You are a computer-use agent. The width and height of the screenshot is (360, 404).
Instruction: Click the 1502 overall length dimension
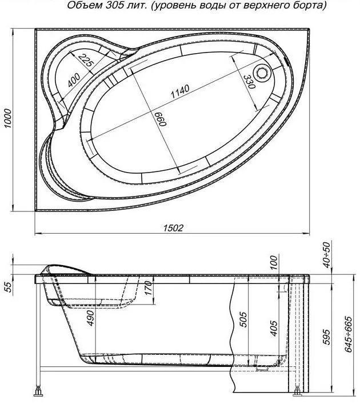point(173,228)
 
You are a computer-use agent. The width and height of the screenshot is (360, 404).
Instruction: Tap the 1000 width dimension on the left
point(8,119)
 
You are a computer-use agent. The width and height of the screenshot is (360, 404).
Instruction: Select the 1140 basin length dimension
point(180,91)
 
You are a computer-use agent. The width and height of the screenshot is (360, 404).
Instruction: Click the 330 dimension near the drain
point(249,82)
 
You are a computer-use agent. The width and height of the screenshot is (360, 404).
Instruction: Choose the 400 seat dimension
point(74,80)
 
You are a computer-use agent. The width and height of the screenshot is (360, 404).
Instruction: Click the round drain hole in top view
point(262,73)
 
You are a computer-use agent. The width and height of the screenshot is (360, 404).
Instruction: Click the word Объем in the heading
point(81,5)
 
